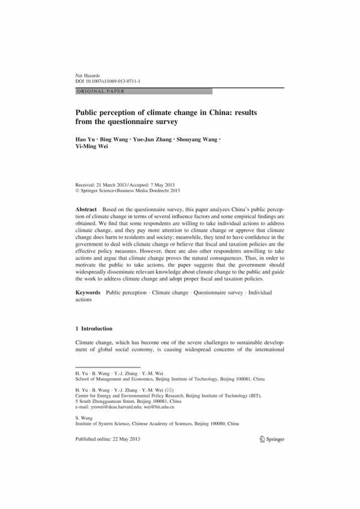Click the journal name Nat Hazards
[x=85, y=74]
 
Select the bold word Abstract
[x=87, y=206]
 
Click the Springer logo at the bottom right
[x=272, y=439]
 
